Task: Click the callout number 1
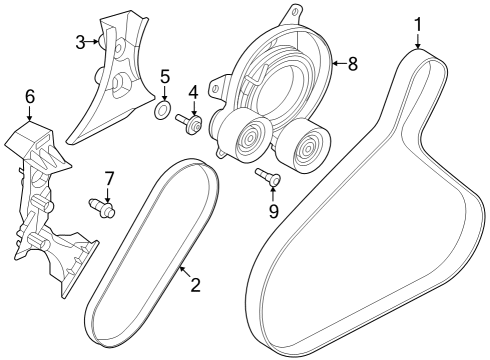click(419, 21)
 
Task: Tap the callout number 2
click(196, 284)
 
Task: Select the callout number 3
click(81, 41)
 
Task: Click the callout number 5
click(166, 75)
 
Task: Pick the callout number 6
click(30, 96)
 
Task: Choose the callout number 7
click(110, 178)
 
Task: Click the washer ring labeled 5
click(161, 106)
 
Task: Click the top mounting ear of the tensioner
click(293, 14)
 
